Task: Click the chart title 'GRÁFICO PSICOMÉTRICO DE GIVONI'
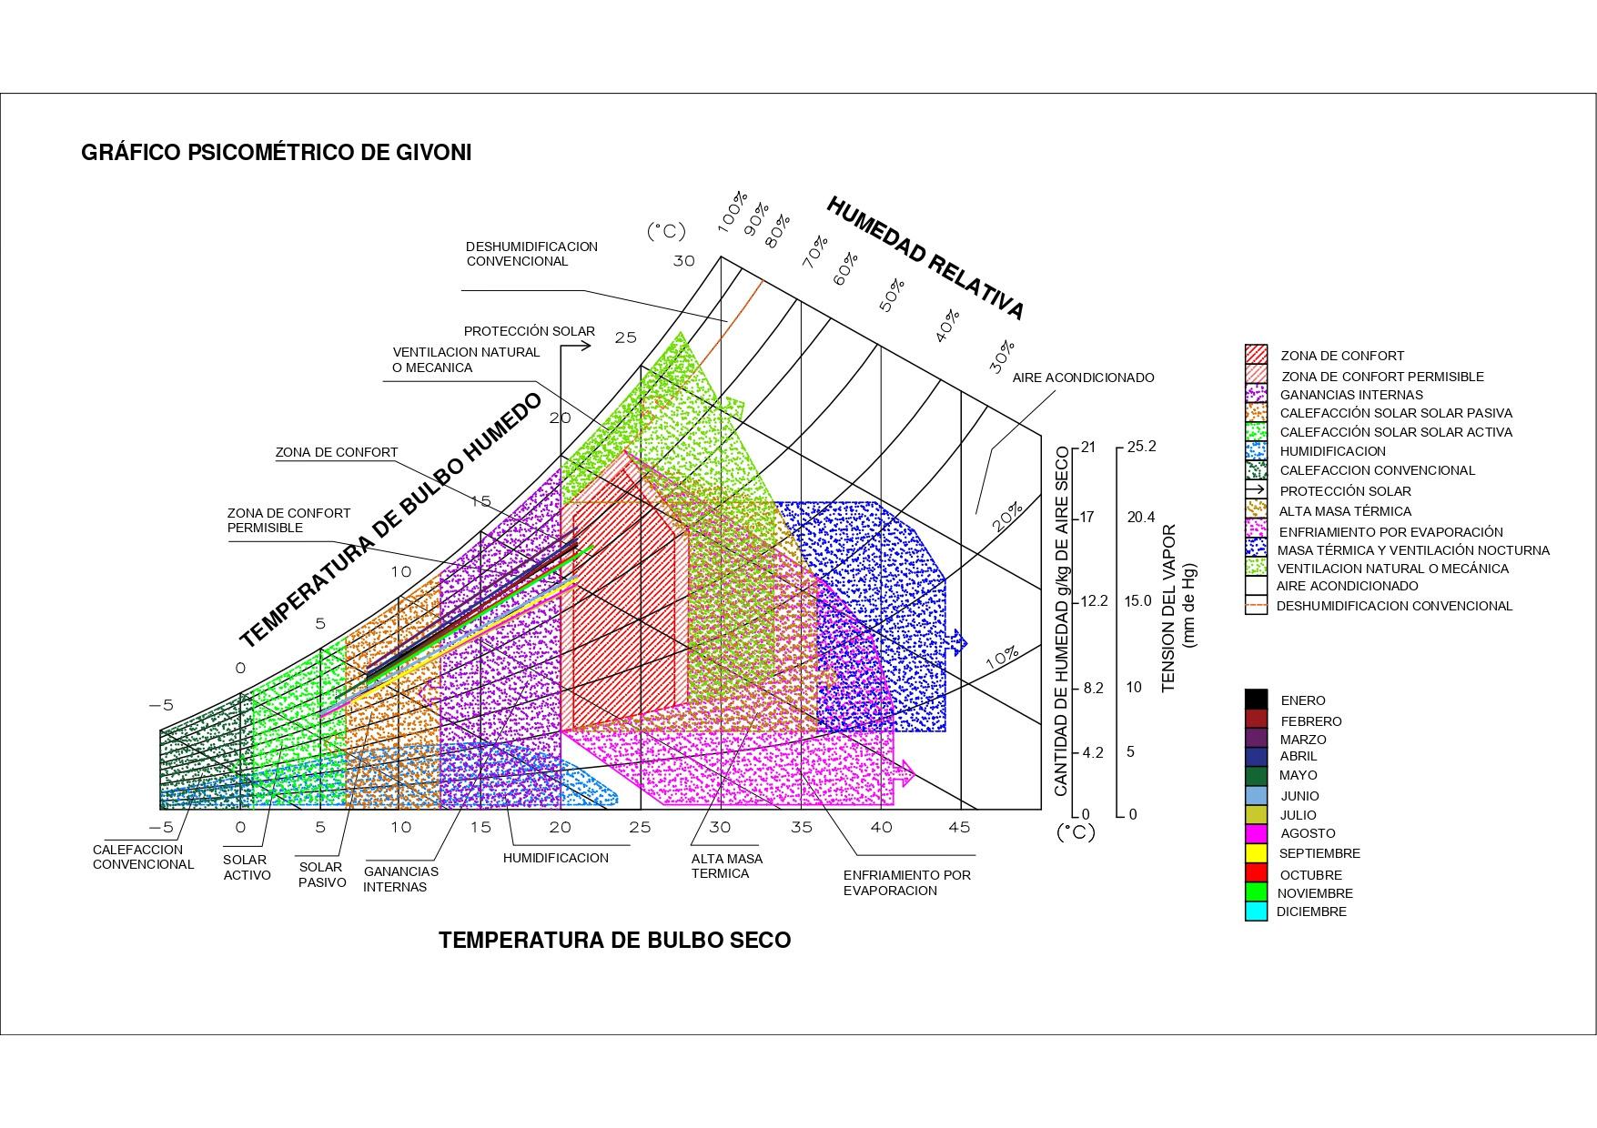coord(276,152)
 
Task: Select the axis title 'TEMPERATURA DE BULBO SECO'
coord(614,940)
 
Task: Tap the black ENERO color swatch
coord(1256,700)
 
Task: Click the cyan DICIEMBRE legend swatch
coord(1256,911)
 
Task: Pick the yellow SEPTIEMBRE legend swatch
coord(1256,853)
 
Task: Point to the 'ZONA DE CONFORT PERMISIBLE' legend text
coord(1381,377)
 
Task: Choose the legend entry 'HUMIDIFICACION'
coord(1332,451)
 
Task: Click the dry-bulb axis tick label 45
coord(959,827)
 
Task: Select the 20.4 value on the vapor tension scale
coord(1140,517)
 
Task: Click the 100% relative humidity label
coord(733,211)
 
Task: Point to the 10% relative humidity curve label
coord(1002,658)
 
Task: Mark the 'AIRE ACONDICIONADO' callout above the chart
coord(1083,378)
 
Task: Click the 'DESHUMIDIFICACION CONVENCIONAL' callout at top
coord(531,254)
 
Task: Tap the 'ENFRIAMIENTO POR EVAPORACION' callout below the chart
coord(906,882)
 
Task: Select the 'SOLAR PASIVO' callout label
coord(322,874)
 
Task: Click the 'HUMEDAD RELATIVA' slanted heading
coord(925,258)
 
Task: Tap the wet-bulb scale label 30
coord(683,261)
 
